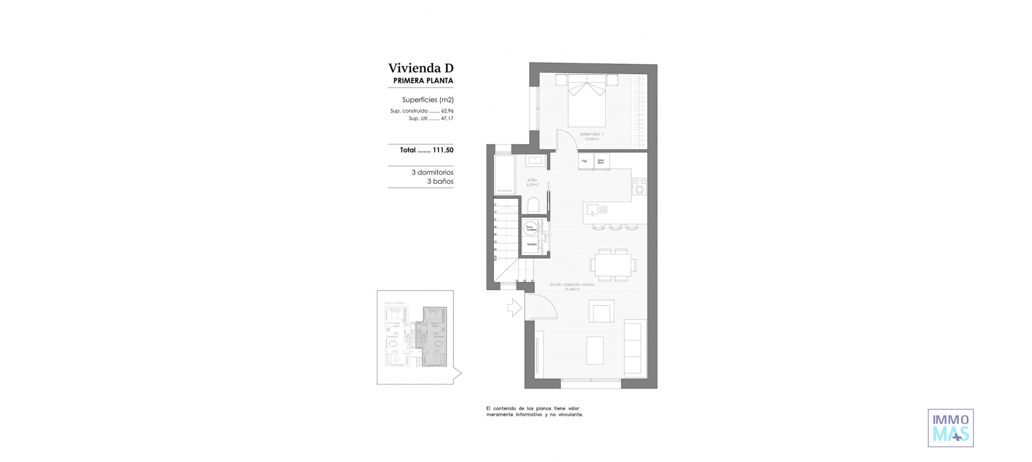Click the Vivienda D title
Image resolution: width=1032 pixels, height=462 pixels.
[421, 68]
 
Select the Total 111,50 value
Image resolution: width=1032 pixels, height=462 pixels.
[426, 150]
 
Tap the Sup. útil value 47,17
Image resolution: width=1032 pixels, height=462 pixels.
[447, 119]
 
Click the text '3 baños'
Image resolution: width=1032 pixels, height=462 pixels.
[440, 182]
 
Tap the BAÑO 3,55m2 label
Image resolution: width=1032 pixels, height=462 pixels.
[532, 182]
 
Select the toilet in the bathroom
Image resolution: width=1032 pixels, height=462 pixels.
[534, 206]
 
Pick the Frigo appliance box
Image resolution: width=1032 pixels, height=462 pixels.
[585, 161]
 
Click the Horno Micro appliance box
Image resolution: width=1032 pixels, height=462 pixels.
[601, 161]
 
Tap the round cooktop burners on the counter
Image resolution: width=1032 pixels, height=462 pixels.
[639, 186]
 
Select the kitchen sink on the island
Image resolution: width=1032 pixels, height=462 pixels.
[592, 209]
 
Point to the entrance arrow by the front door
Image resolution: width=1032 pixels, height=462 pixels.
[514, 307]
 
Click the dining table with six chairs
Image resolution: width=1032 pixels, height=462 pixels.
[613, 264]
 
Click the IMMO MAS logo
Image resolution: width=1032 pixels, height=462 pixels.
[950, 428]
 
